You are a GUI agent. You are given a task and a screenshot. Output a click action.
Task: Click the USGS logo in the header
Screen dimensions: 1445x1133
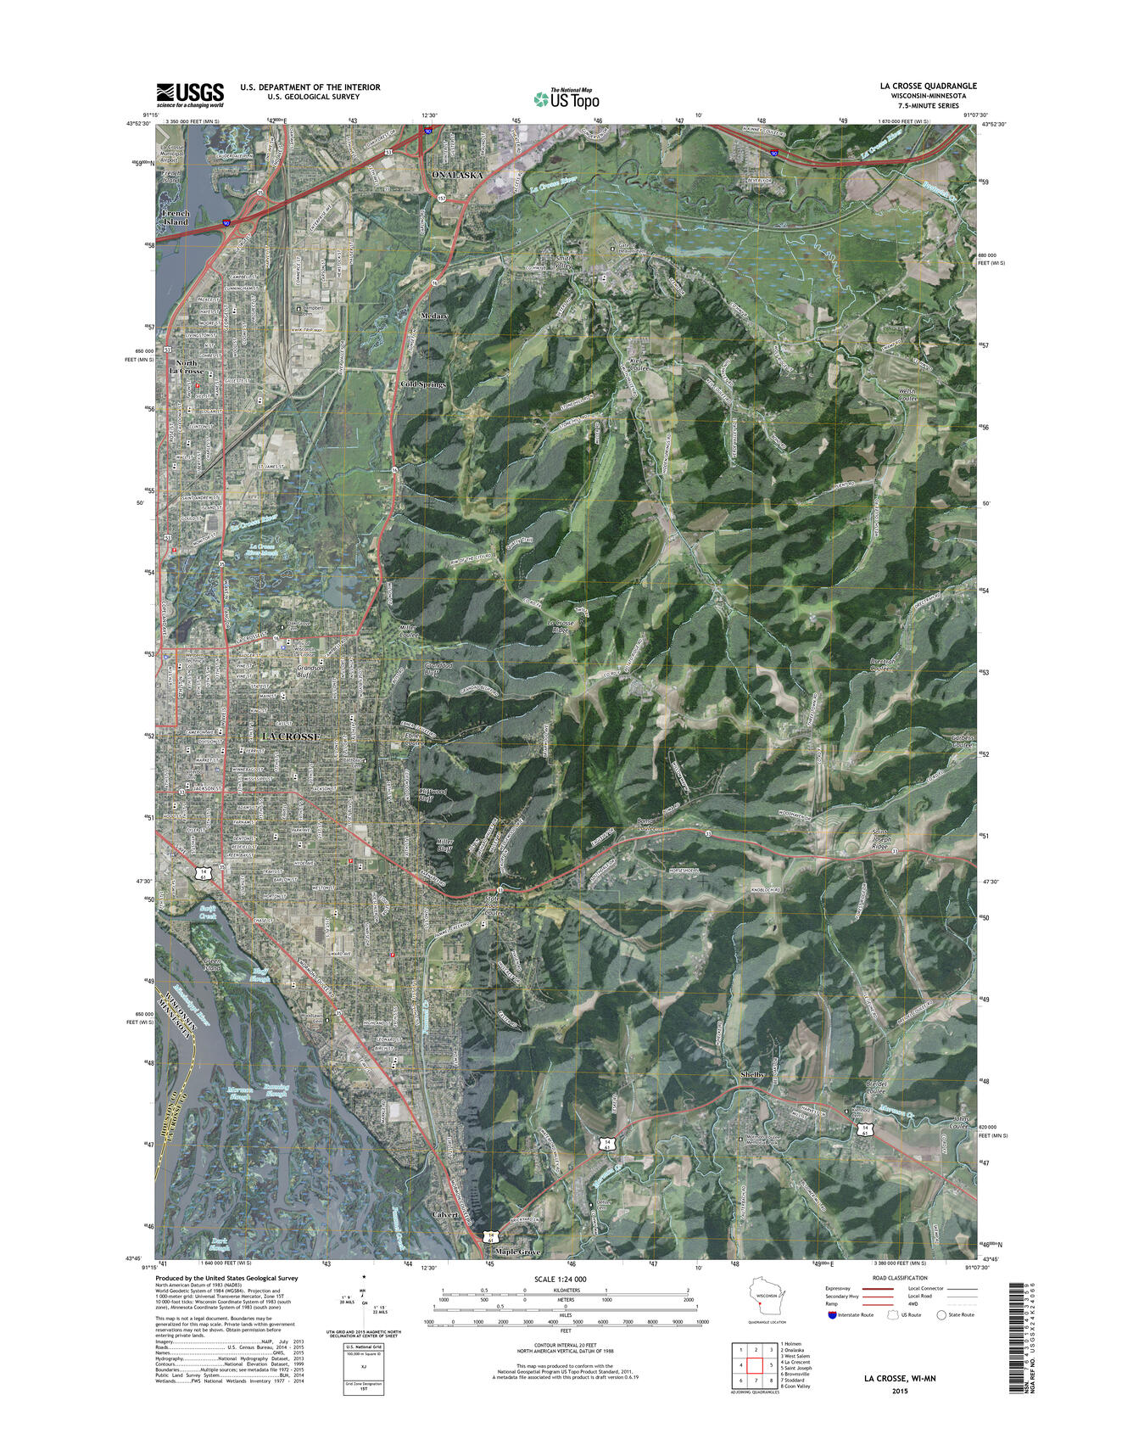(x=189, y=94)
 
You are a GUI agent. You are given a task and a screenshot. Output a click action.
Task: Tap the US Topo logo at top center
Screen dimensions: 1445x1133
(x=566, y=99)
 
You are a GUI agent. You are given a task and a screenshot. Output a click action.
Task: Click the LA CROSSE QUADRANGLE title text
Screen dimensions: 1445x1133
(x=928, y=86)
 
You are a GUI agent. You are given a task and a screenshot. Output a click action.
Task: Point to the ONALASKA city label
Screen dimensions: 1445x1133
(x=457, y=175)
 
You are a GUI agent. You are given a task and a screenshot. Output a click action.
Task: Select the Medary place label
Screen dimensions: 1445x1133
(x=434, y=316)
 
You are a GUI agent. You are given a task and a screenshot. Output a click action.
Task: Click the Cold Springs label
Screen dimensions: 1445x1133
(x=422, y=384)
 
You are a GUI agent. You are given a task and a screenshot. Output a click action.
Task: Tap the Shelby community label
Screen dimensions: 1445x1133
(x=752, y=1074)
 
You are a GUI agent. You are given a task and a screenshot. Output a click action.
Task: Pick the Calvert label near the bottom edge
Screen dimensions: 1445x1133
(x=445, y=1214)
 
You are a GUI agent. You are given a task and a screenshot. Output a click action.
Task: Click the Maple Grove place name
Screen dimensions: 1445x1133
(x=517, y=1252)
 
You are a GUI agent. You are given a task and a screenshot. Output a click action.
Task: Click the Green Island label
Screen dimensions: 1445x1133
(x=212, y=965)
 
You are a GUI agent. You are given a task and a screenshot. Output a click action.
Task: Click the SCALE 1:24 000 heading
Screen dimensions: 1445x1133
(x=560, y=1279)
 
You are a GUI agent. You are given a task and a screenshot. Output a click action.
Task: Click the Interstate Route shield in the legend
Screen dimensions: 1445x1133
(x=832, y=1314)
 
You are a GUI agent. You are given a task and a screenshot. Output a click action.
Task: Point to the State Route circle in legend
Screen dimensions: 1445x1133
(x=941, y=1314)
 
